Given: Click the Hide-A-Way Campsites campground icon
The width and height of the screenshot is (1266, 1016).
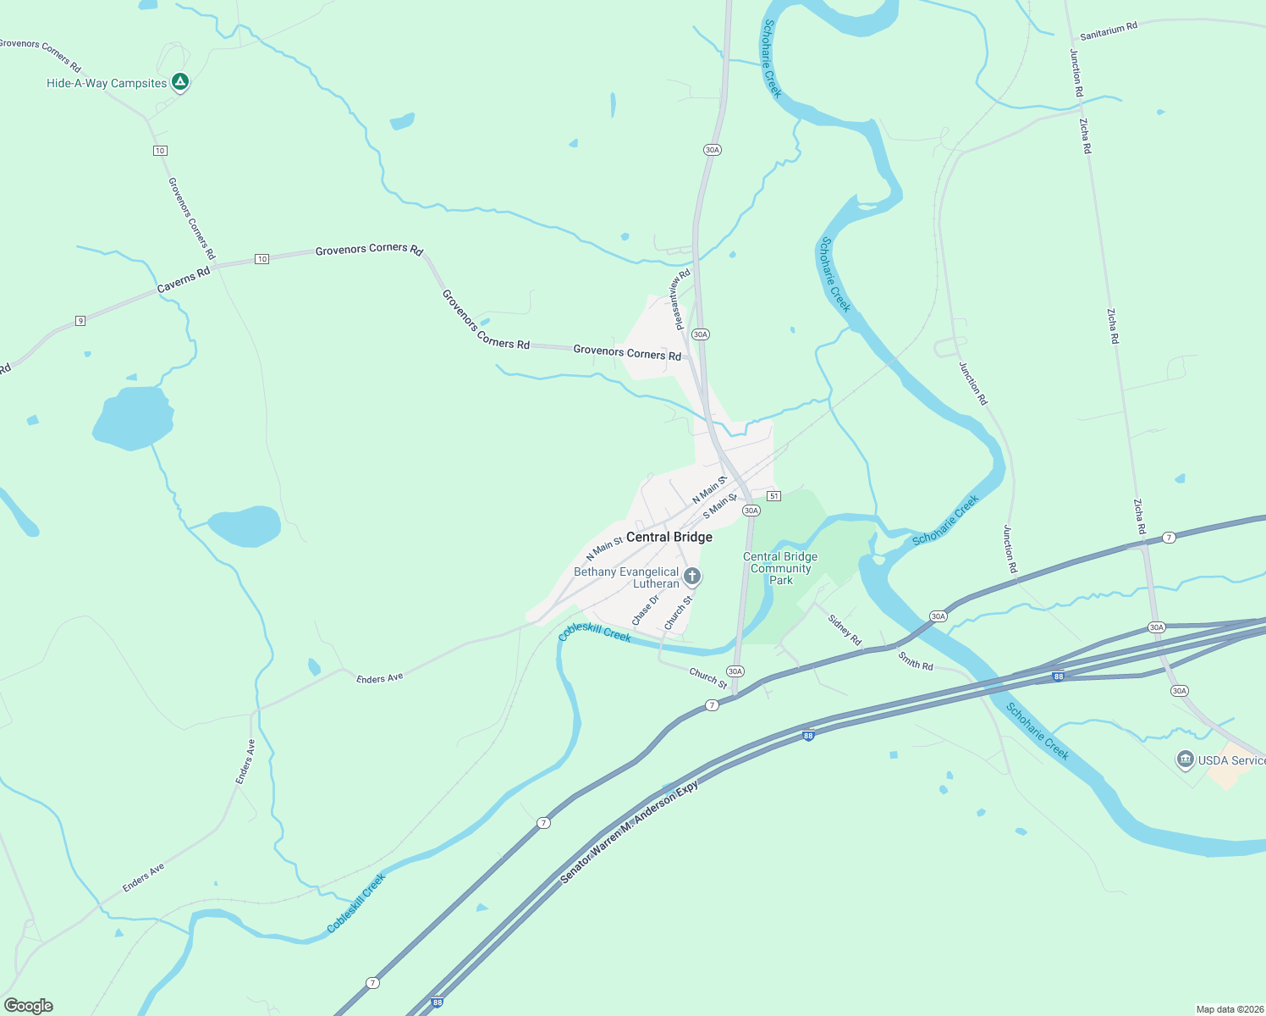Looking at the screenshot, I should point(179,82).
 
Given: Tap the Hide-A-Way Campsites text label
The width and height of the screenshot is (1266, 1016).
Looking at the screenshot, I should point(107,83).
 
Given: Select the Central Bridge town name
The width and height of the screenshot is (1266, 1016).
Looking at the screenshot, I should point(669,537).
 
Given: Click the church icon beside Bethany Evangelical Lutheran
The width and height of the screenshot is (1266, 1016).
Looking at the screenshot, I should point(692,577).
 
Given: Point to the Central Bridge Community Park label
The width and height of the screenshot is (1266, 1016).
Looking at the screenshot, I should point(780,568).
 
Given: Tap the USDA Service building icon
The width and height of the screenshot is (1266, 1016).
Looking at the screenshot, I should point(1185,759).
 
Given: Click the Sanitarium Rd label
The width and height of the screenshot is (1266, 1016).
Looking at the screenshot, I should point(1109,31).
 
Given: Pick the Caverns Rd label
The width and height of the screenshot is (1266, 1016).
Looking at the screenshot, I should point(184,281).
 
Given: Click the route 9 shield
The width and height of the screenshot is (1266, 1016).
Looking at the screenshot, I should point(80,320).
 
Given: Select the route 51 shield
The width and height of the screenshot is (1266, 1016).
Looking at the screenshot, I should point(773,495).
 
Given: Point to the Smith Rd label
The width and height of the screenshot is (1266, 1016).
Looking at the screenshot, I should point(916,660).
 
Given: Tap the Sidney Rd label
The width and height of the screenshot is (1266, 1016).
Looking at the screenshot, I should point(845,629).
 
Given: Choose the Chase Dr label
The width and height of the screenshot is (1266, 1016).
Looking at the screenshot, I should point(645,610).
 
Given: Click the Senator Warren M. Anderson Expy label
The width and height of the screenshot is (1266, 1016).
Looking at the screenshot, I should point(630,833).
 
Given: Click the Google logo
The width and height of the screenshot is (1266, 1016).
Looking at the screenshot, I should point(29,1006).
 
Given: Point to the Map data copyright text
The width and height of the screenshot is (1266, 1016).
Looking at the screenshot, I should point(1229,1009).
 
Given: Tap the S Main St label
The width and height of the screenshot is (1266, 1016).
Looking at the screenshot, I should point(719,506).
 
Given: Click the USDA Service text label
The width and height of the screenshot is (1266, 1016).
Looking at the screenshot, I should point(1231,760).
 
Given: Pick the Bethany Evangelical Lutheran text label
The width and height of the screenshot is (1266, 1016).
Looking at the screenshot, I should point(626,577).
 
